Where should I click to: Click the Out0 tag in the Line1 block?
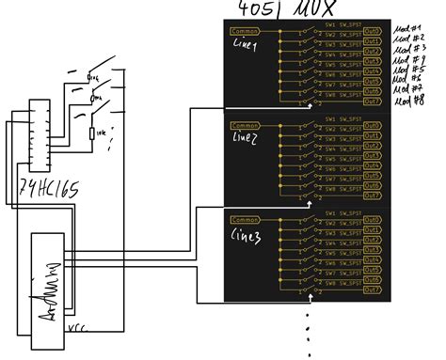tap(372, 31)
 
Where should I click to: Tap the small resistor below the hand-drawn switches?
tap(92, 133)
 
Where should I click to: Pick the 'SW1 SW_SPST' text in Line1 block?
tap(344, 24)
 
